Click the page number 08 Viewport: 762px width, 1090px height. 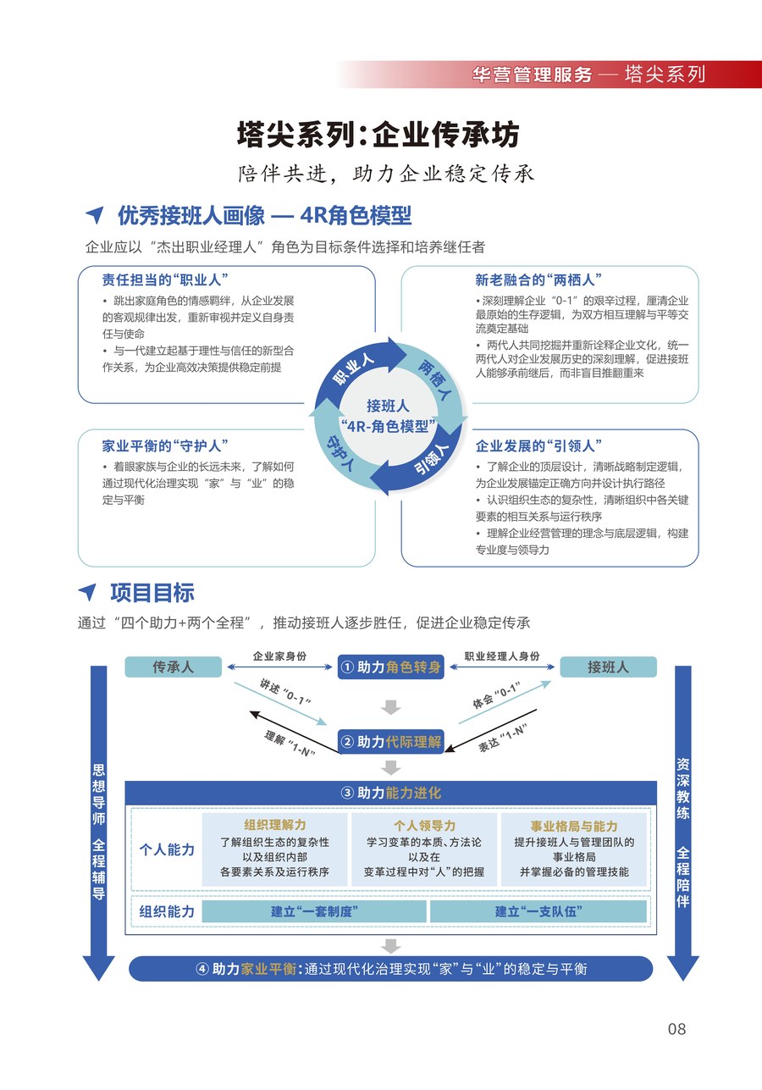tap(676, 1028)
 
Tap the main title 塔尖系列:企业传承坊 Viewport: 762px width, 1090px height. tap(378, 134)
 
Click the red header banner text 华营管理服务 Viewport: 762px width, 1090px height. tap(532, 75)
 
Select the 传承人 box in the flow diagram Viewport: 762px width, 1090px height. tap(174, 667)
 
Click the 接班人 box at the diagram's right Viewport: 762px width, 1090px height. tap(608, 667)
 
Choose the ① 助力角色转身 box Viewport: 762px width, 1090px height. tap(390, 667)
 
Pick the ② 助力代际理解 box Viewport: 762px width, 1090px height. tap(390, 742)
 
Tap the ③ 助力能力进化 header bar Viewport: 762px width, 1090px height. tap(390, 793)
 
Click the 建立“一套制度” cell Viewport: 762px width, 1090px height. tap(314, 911)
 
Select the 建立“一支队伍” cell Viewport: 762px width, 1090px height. tap(538, 911)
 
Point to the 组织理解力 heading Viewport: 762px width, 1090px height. tap(275, 825)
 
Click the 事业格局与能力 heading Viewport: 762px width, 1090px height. tap(574, 826)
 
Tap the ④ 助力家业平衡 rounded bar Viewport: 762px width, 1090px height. tap(390, 969)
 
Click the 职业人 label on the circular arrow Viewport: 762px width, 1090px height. tap(353, 370)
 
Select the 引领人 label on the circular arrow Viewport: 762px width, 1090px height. tap(432, 459)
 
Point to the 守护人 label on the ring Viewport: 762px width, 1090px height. tap(340, 453)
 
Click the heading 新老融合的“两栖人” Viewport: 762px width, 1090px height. tap(538, 279)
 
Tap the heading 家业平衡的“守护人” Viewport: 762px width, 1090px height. tap(165, 445)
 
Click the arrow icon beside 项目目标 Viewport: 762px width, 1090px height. tap(88, 591)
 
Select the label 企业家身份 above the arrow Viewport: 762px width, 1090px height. tap(279, 656)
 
